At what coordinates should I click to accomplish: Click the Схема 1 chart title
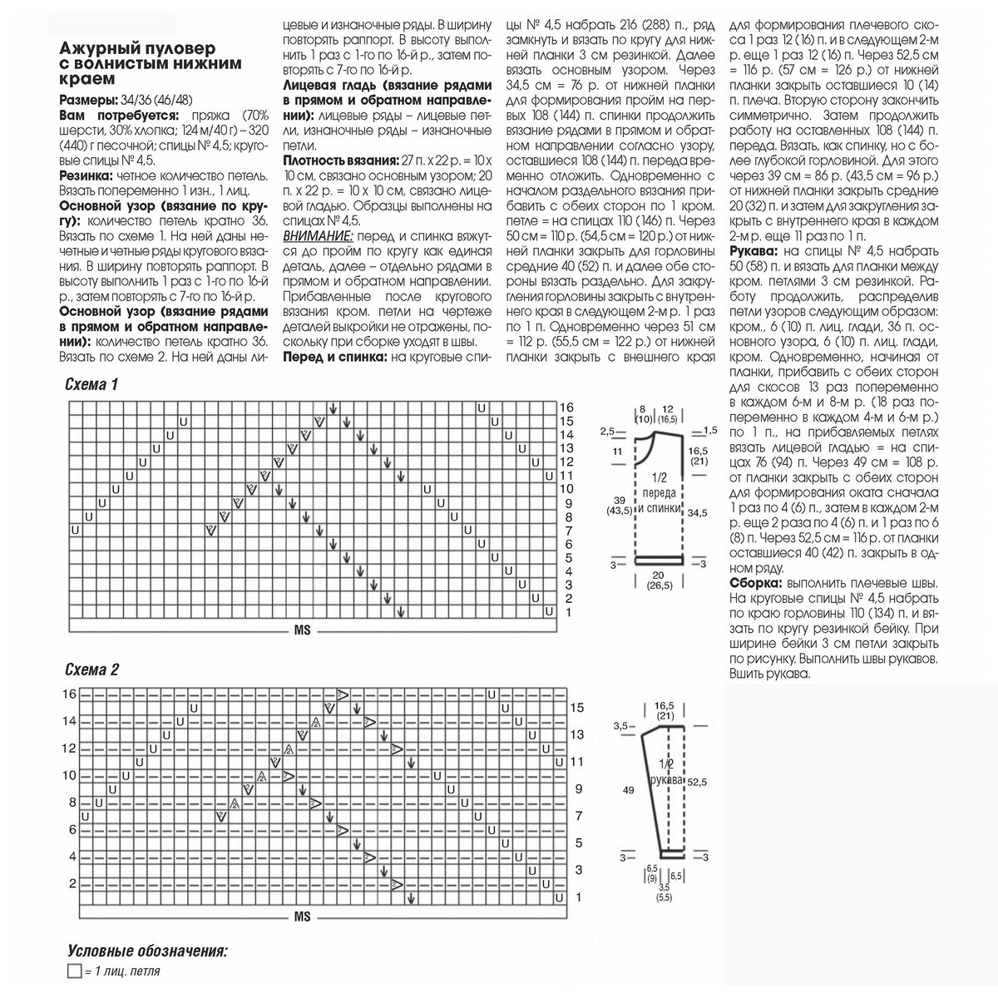pyautogui.click(x=91, y=384)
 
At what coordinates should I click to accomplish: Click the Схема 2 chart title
pyautogui.click(x=91, y=670)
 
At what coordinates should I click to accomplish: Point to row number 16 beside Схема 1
pyautogui.click(x=566, y=408)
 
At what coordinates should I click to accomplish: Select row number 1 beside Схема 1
pyautogui.click(x=567, y=612)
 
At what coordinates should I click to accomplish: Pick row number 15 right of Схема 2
pyautogui.click(x=578, y=707)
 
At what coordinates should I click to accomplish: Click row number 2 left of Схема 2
pyautogui.click(x=72, y=883)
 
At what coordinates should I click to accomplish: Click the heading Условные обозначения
pyautogui.click(x=148, y=951)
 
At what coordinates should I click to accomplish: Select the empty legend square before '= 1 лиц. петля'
pyautogui.click(x=72, y=971)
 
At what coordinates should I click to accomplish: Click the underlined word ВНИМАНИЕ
pyautogui.click(x=319, y=236)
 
